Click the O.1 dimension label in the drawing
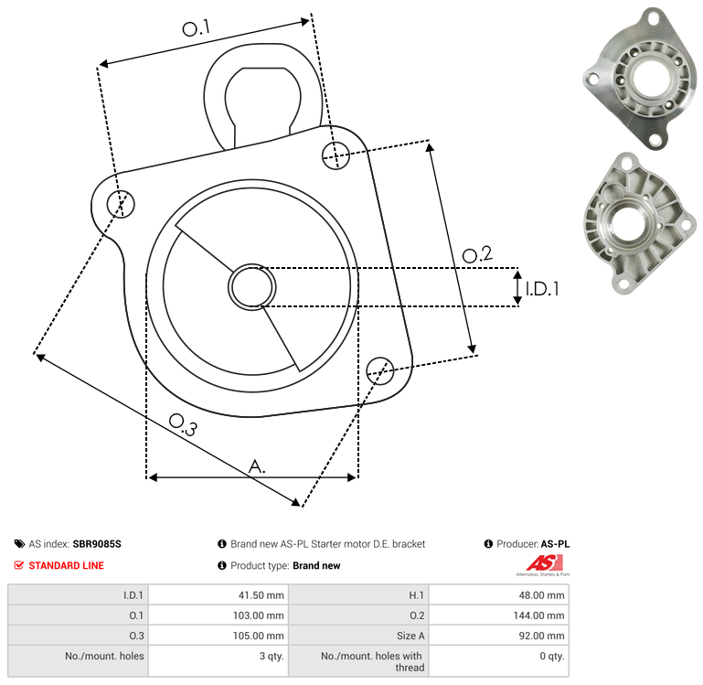click(x=197, y=27)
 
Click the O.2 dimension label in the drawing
click(x=477, y=255)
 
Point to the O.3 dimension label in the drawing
click(x=183, y=424)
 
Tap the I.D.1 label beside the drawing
click(x=542, y=289)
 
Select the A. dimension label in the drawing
click(x=257, y=466)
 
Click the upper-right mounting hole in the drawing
click(x=336, y=155)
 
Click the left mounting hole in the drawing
click(x=121, y=204)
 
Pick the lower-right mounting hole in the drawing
click(x=380, y=370)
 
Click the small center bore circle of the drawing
click(x=252, y=287)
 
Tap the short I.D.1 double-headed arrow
click(x=517, y=287)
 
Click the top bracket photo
click(x=639, y=79)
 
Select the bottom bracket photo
click(x=640, y=223)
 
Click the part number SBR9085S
click(x=97, y=544)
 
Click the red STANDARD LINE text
click(x=67, y=566)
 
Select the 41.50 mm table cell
click(x=218, y=594)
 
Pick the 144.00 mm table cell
click(x=499, y=615)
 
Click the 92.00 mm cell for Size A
click(x=499, y=636)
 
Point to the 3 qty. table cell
click(x=218, y=661)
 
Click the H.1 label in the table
click(x=416, y=595)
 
